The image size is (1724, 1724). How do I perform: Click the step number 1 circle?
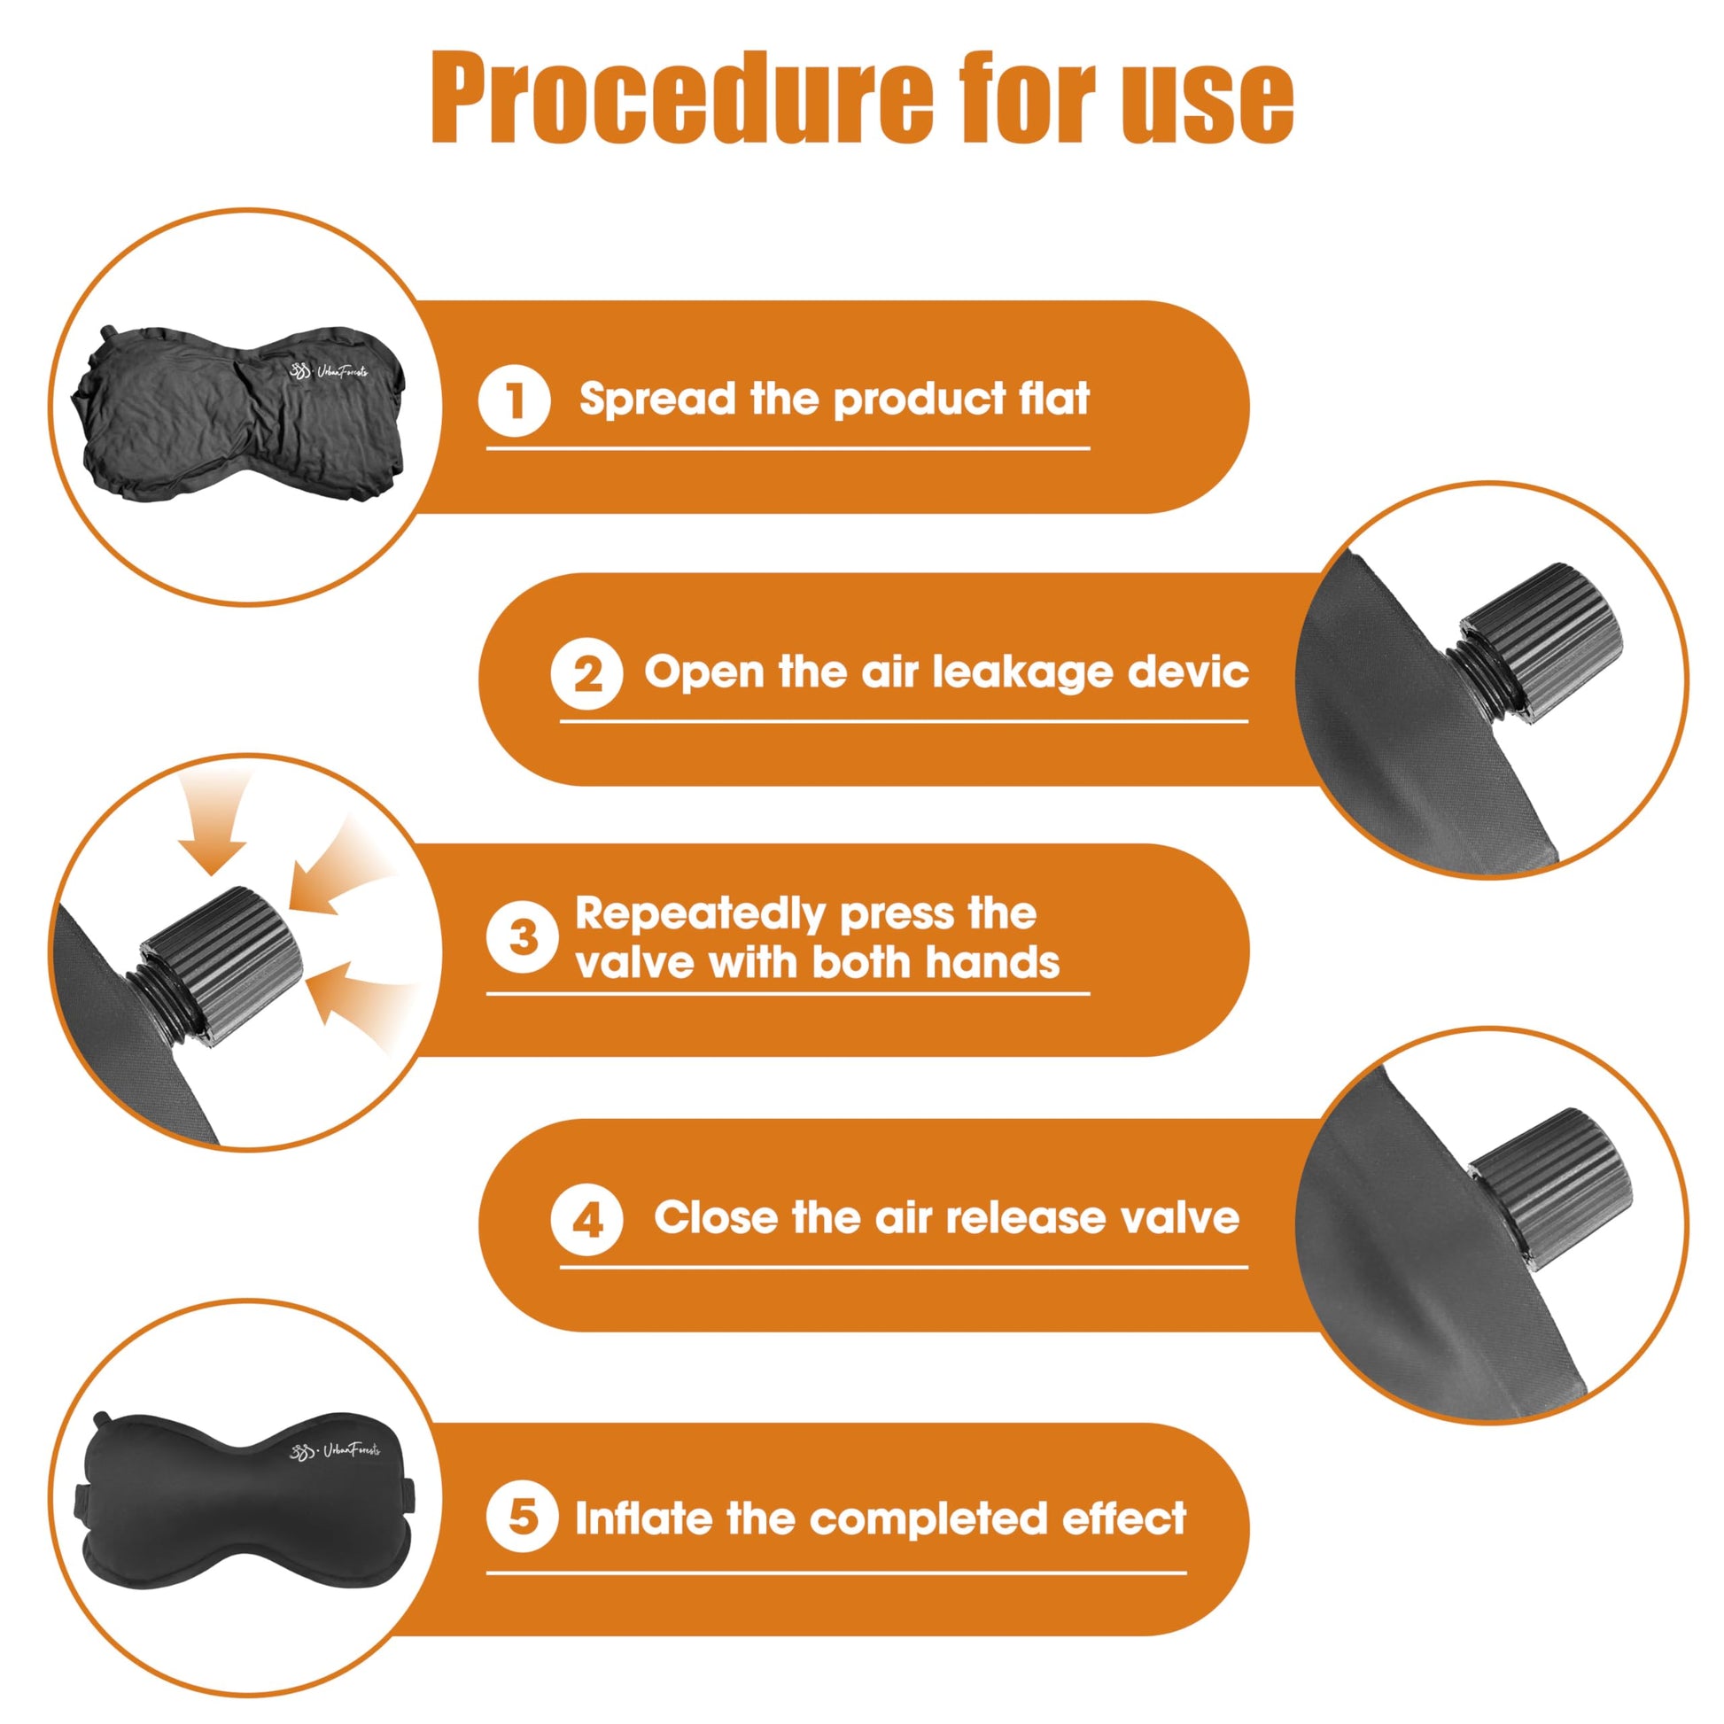pos(514,400)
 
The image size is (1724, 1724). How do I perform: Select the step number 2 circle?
pos(586,673)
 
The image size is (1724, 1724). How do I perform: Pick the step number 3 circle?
pos(522,937)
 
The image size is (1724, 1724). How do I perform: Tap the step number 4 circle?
pos(586,1219)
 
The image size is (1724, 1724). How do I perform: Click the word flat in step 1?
pos(1054,398)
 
